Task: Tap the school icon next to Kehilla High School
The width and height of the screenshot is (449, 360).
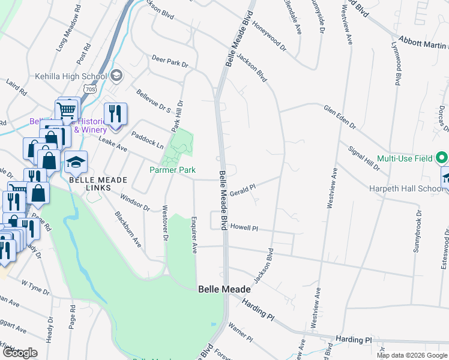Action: (116, 76)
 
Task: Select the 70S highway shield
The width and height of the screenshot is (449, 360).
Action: (90, 89)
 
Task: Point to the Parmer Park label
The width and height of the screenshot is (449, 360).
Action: (172, 170)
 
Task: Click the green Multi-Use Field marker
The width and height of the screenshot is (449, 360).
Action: (442, 158)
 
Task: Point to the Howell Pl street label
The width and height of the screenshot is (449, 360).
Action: (244, 229)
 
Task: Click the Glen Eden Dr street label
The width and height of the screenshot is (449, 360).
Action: (340, 117)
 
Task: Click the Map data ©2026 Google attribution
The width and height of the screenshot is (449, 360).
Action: (411, 355)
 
